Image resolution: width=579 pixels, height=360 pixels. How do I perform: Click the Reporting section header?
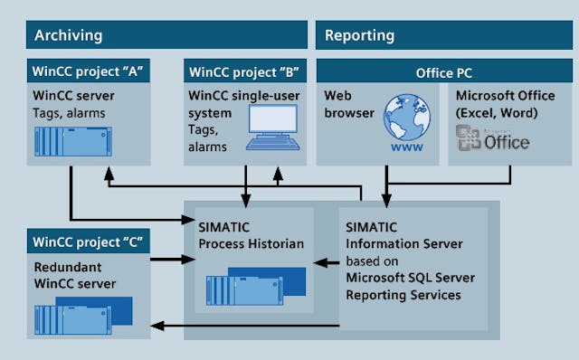click(x=359, y=36)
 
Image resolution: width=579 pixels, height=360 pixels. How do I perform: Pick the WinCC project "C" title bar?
click(x=90, y=242)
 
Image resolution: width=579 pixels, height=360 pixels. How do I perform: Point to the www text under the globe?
click(x=405, y=147)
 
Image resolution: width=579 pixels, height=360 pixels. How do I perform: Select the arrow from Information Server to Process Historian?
click(x=326, y=263)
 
